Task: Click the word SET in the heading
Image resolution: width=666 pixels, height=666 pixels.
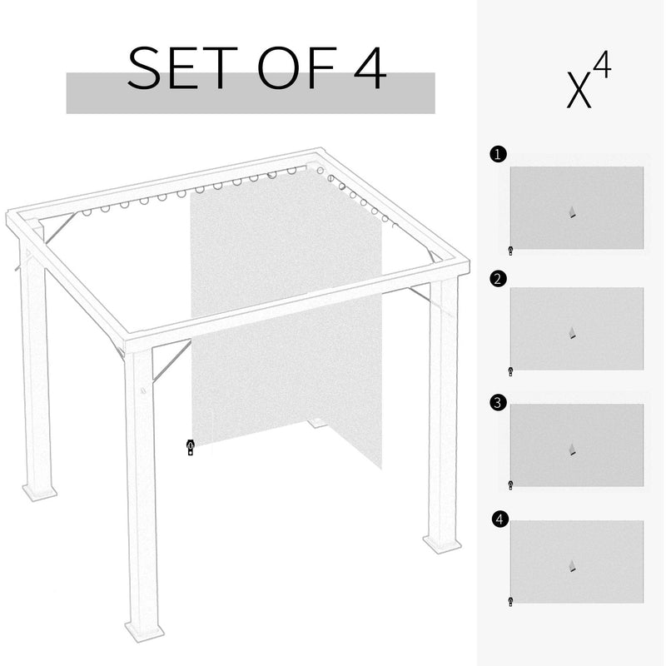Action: (x=171, y=70)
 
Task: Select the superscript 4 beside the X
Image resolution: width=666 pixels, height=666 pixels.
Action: (x=602, y=67)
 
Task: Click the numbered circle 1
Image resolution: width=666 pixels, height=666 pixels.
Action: (x=497, y=154)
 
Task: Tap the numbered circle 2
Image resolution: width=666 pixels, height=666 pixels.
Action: (x=497, y=279)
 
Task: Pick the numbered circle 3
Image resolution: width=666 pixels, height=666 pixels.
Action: (x=497, y=403)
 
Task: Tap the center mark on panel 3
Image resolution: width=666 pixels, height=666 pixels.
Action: (x=572, y=450)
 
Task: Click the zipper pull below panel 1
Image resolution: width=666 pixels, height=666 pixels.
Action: (x=510, y=251)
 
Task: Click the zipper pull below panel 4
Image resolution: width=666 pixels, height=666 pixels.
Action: (x=510, y=600)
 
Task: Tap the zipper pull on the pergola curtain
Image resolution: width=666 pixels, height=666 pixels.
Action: (x=191, y=448)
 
